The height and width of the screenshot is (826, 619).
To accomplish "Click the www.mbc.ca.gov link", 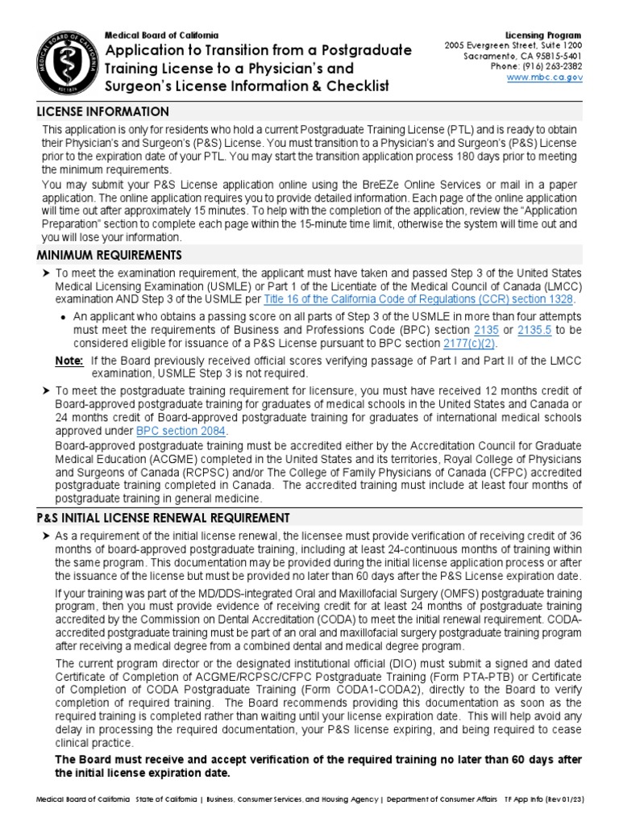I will (544, 78).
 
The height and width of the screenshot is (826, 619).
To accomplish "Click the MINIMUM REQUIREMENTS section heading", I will (110, 256).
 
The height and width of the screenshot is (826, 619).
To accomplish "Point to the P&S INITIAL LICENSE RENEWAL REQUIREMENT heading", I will (164, 517).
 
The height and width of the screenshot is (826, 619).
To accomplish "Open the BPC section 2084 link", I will (181, 432).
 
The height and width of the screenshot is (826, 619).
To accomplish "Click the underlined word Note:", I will (69, 361).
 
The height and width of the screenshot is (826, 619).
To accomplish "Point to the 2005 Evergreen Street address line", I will (513, 46).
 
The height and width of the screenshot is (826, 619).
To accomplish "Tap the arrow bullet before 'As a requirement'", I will (46, 536).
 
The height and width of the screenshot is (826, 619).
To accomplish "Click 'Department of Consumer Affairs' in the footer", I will (444, 799).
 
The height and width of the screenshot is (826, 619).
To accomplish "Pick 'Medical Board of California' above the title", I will (161, 35).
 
